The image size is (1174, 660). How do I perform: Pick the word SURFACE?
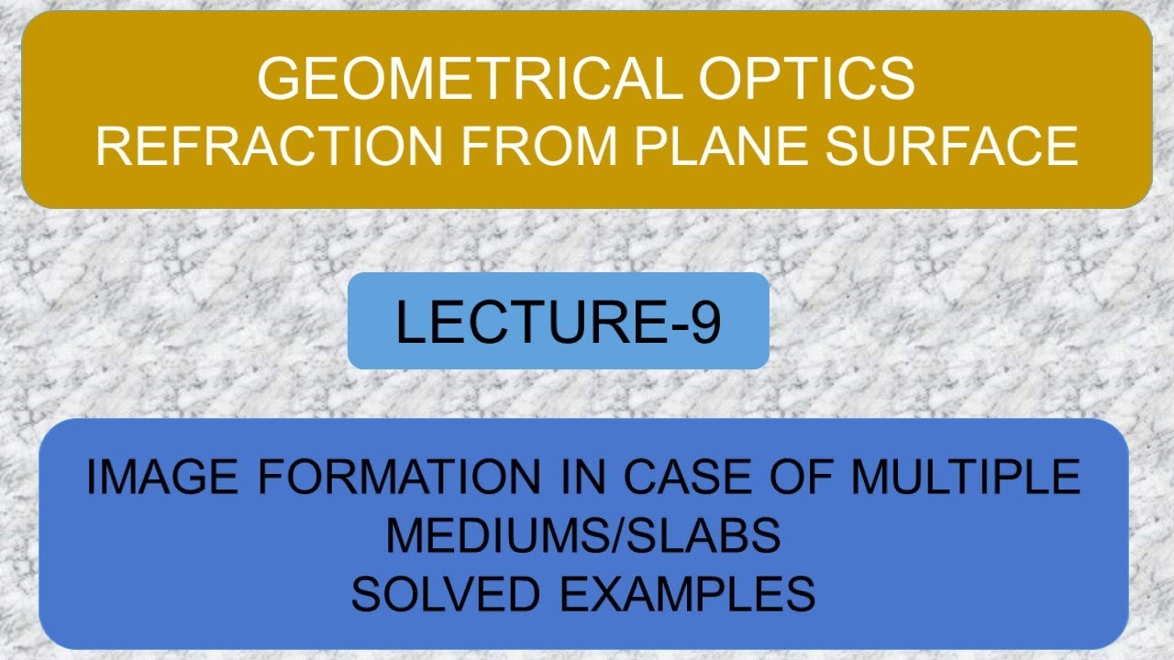pos(951,147)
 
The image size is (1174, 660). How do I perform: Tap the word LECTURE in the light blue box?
pos(531,322)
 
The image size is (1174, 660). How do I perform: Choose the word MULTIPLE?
pos(965,477)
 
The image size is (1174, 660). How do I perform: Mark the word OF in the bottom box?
pos(807,477)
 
